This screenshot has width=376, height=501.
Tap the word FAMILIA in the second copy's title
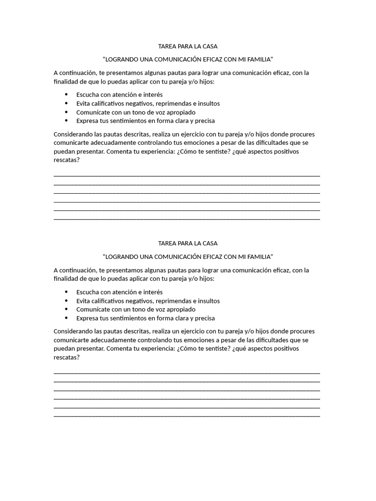[259, 256]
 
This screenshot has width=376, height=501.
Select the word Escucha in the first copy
[88, 95]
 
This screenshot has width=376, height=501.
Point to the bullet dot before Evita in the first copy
[66, 103]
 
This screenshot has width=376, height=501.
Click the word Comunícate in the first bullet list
[92, 112]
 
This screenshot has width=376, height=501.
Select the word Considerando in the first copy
[73, 134]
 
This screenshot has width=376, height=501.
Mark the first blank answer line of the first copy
[187, 175]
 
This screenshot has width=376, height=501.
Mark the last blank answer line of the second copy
[187, 416]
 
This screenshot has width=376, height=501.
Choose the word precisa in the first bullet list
[204, 121]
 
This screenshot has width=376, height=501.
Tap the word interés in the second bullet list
[153, 292]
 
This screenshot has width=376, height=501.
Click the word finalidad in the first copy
[67, 82]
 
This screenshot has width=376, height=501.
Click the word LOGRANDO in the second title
[121, 256]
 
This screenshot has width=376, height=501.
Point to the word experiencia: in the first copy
[153, 151]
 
